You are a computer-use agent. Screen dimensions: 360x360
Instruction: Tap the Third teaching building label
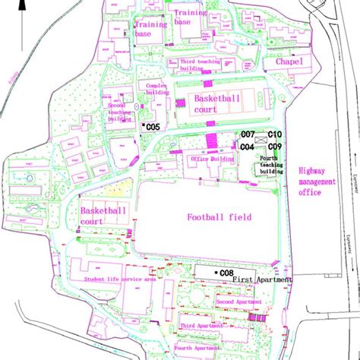(x=201, y=64)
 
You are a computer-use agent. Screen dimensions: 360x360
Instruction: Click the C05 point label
(x=153, y=126)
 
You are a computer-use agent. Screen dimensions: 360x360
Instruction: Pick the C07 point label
(x=248, y=134)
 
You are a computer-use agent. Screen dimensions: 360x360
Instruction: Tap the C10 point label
(x=275, y=134)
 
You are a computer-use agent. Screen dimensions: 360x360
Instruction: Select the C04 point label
(x=248, y=147)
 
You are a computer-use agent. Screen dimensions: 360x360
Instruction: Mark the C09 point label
(x=275, y=146)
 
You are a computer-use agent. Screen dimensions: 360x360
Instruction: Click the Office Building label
(x=212, y=159)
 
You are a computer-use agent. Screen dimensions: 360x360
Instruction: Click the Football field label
(x=210, y=216)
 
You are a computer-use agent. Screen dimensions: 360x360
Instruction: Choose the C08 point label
(x=227, y=272)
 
